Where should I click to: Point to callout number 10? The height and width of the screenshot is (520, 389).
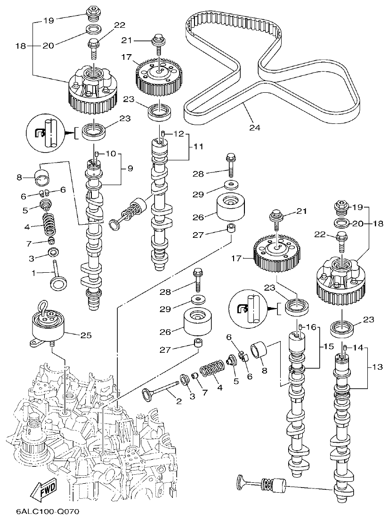[110, 154]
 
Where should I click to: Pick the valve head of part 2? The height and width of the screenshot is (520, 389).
[148, 393]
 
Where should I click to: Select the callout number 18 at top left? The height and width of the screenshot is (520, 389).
[19, 46]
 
